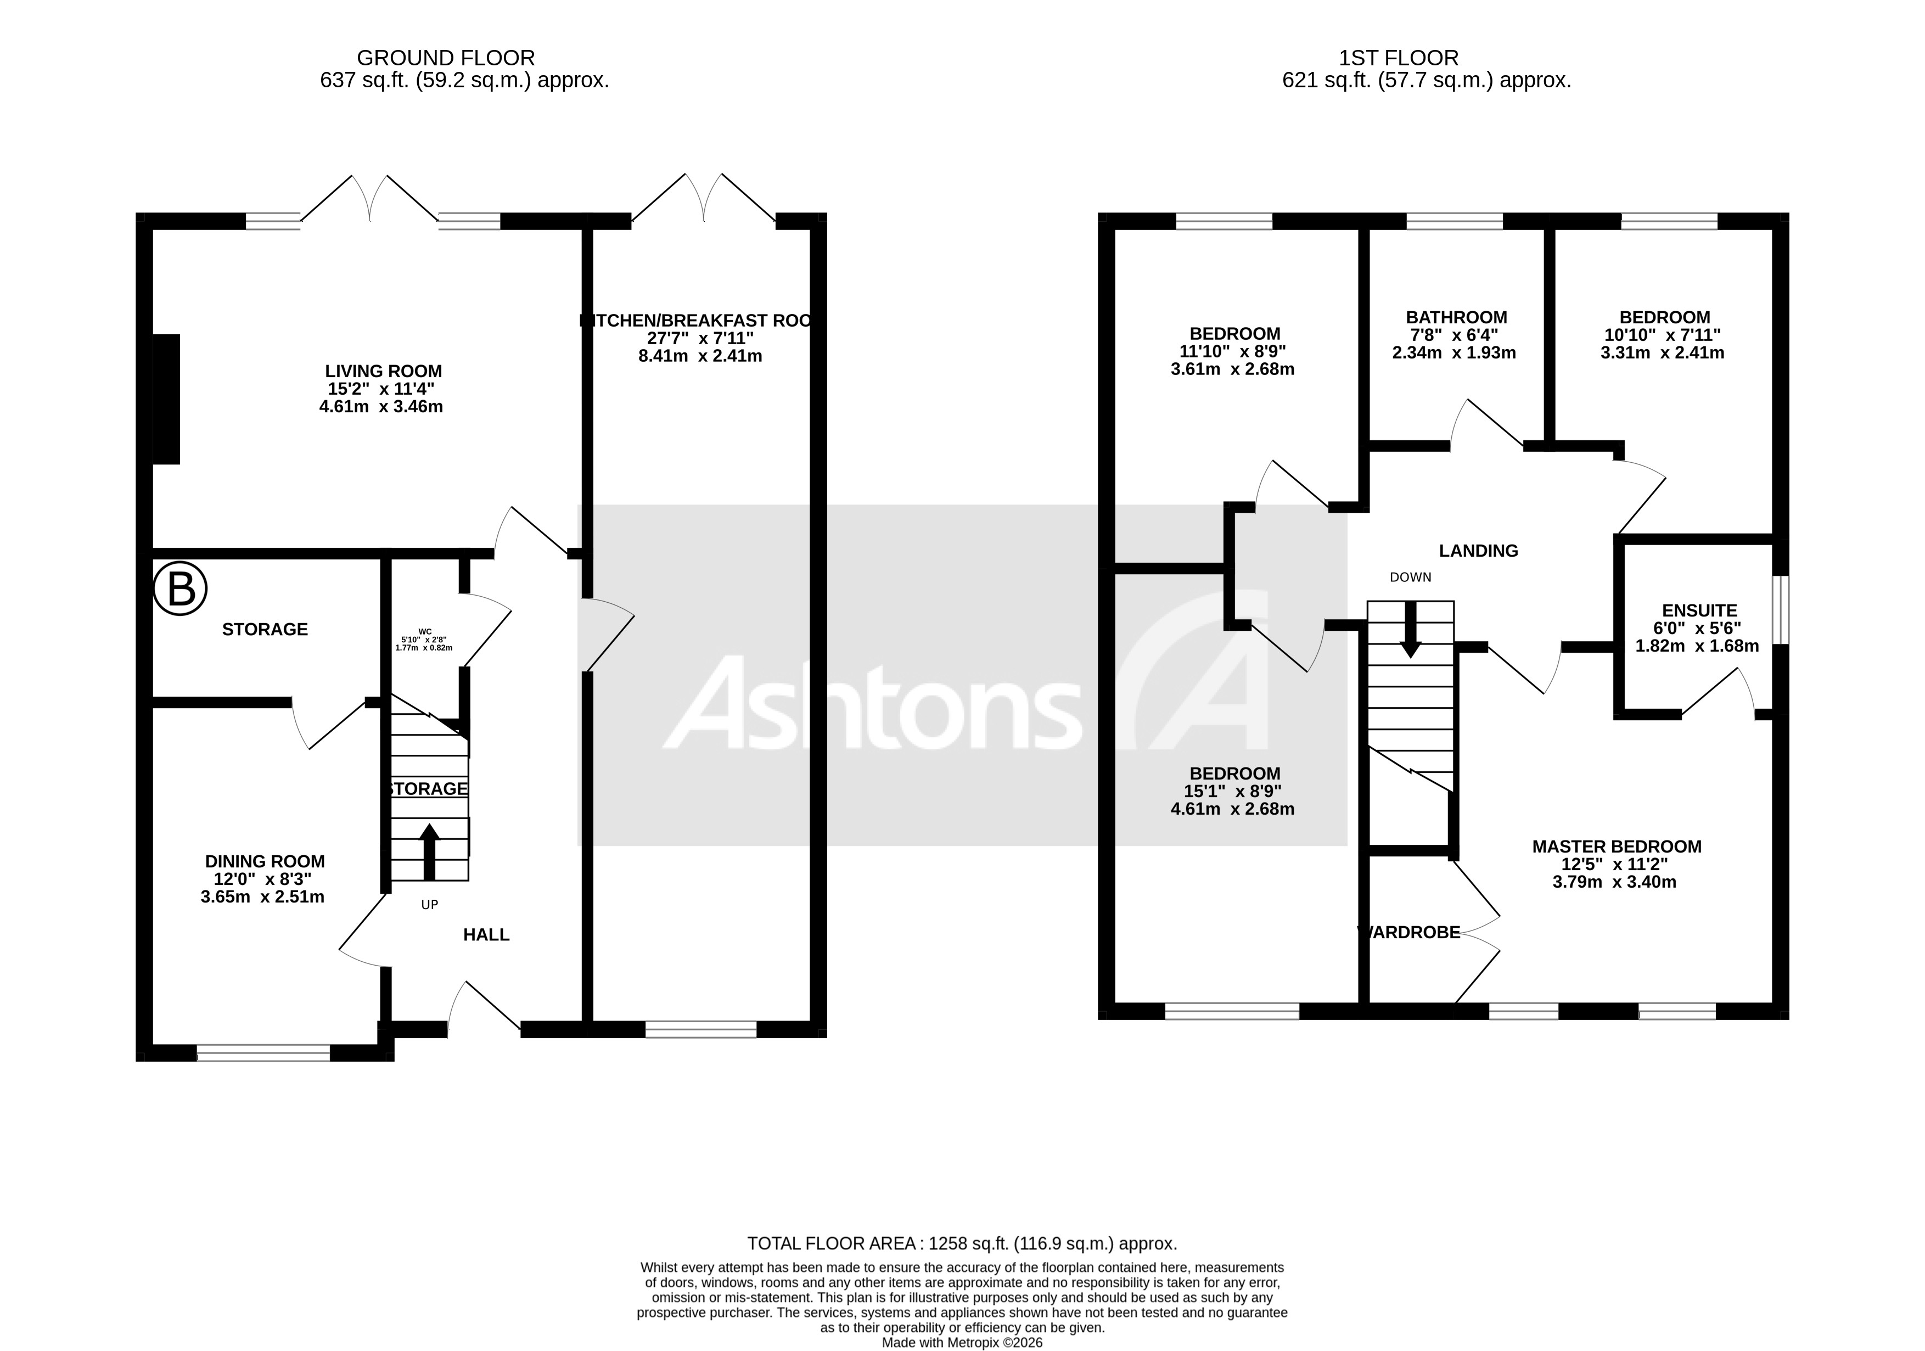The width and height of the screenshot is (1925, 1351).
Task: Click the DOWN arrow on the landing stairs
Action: coord(1411,629)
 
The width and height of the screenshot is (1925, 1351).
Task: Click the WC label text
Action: coord(424,631)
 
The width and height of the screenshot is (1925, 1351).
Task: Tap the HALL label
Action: coord(486,934)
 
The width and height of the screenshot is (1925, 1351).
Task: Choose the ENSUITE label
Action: coord(1699,610)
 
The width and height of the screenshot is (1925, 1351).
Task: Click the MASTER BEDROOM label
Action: coord(1617,846)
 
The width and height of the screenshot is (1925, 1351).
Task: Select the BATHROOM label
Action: coord(1456,317)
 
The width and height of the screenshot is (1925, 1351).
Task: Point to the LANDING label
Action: coord(1478,550)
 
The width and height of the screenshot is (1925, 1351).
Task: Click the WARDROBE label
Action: coord(1410,932)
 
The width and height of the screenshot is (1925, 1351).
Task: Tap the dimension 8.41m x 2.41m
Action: coord(700,356)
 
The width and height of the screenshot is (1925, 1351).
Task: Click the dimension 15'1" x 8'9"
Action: coord(1232,791)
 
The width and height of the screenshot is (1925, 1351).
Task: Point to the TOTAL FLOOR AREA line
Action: coord(962,1243)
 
